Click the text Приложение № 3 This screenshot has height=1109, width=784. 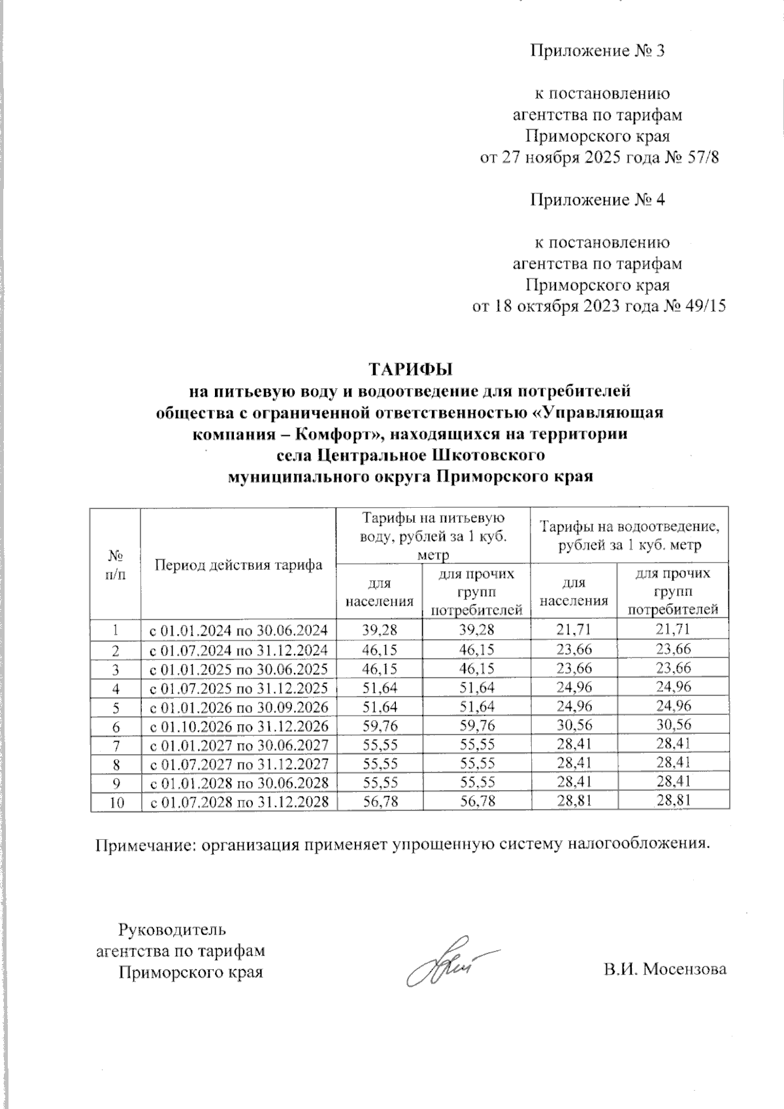[596, 51]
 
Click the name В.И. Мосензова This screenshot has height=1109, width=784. [664, 969]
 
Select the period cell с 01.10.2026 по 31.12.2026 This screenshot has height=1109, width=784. [239, 725]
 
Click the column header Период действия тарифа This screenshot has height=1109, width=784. [239, 565]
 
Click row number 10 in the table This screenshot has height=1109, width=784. [116, 801]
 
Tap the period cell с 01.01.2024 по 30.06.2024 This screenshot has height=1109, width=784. [239, 631]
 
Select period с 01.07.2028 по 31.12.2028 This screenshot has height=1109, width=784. [239, 801]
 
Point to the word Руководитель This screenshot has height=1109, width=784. [172, 929]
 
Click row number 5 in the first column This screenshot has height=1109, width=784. [116, 706]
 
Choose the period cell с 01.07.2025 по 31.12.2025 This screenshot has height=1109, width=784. [239, 687]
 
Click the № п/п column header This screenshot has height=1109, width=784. [116, 565]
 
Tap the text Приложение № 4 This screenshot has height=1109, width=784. [596, 200]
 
